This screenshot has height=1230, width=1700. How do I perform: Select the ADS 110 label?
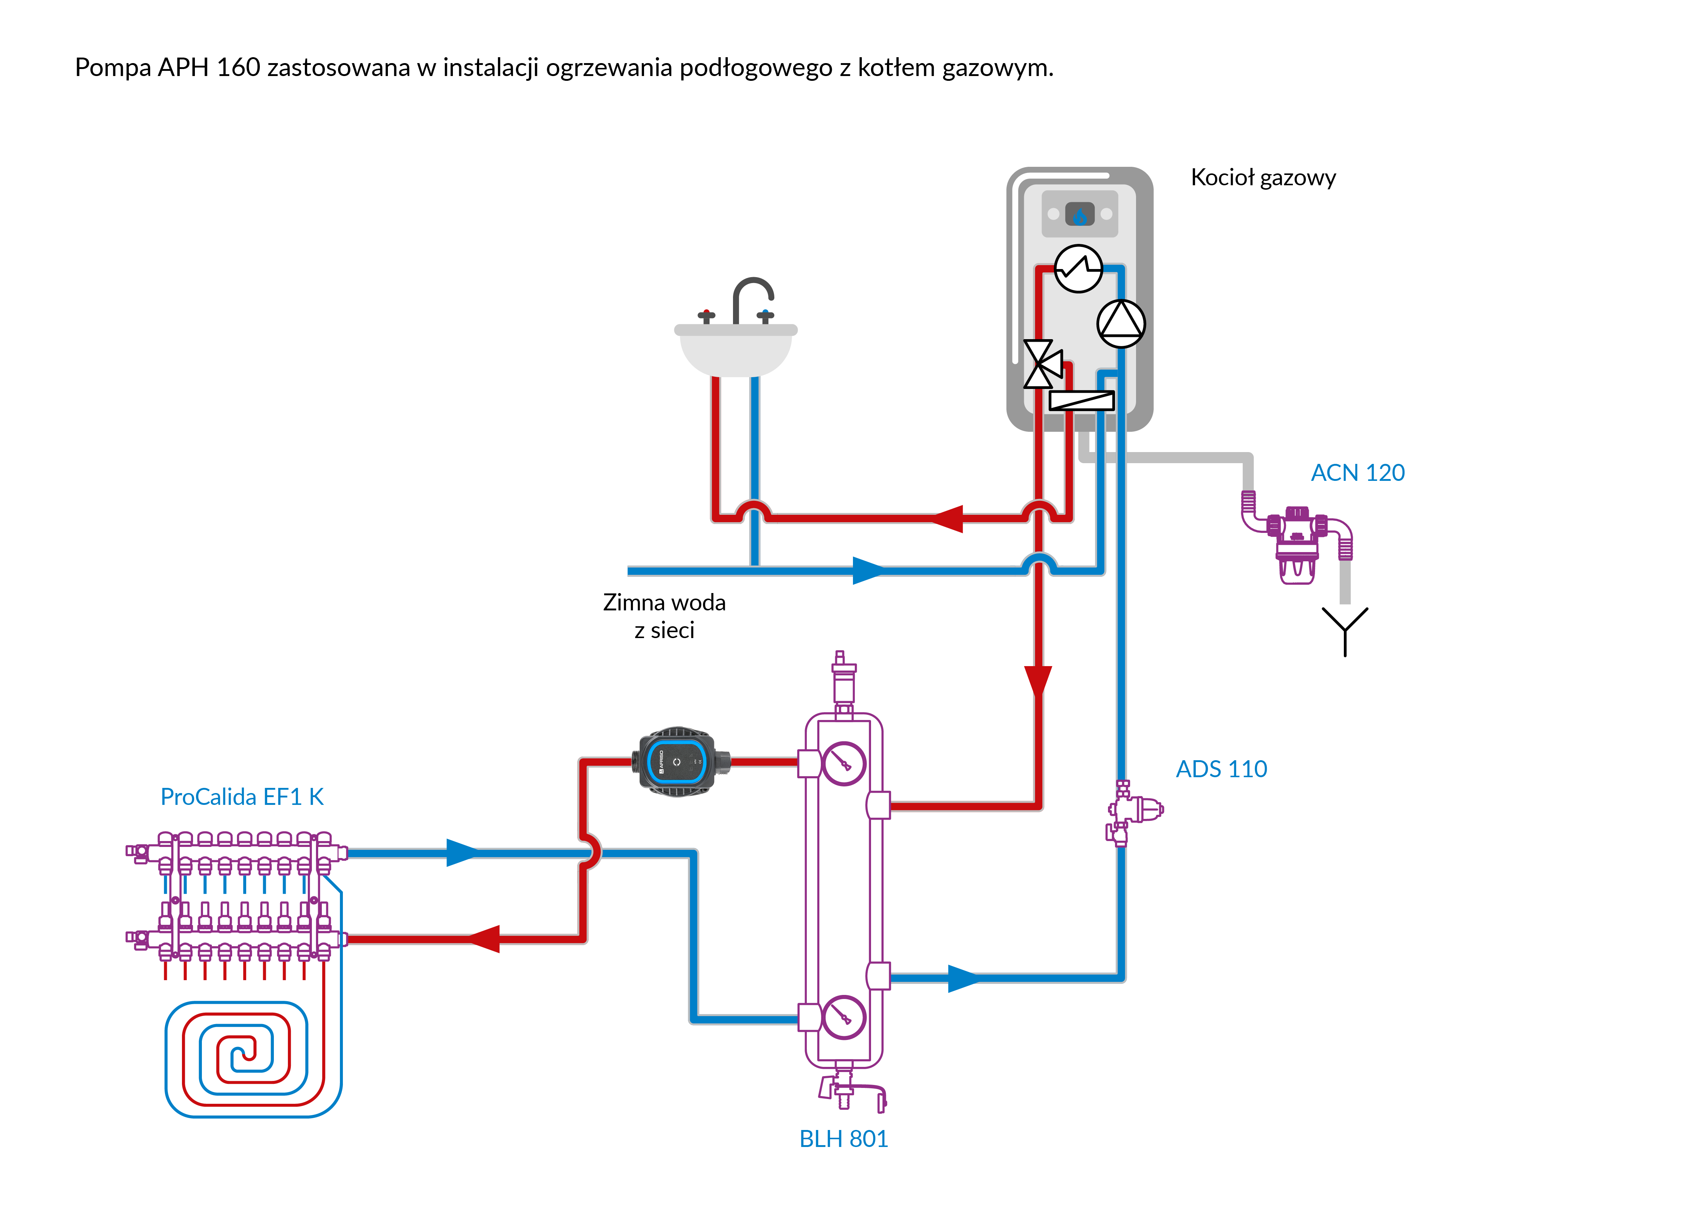click(x=1221, y=769)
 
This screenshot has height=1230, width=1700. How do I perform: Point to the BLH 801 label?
click(x=843, y=1138)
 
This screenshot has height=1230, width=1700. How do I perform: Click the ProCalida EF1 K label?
click(x=242, y=797)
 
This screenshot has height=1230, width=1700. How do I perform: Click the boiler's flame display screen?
click(x=1079, y=214)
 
